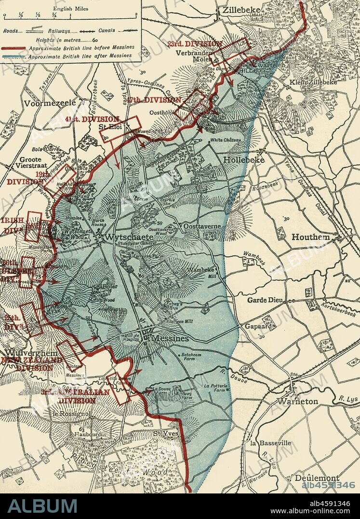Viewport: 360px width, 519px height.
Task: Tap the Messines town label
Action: [x=170, y=339]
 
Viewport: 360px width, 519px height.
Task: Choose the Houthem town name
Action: [x=311, y=237]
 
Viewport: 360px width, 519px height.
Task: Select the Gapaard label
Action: [x=259, y=326]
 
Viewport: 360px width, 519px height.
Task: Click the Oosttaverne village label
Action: [x=201, y=226]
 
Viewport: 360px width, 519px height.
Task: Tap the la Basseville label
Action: [x=270, y=442]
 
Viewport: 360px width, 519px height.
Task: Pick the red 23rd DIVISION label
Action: [x=195, y=44]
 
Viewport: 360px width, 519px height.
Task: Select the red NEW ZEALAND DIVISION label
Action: [x=33, y=364]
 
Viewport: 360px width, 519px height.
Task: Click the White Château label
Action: [x=225, y=140]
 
